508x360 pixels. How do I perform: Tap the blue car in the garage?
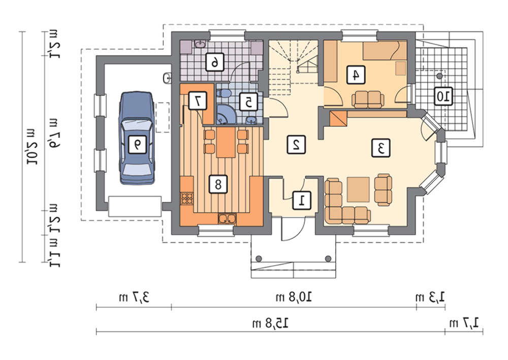(x=137, y=138)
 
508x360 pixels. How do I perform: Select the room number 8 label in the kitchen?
(x=218, y=184)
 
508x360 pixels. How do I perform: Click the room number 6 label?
(x=215, y=61)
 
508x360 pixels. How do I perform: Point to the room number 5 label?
(x=248, y=102)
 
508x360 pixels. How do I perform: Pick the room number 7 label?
(x=197, y=101)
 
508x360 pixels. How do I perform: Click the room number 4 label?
(x=356, y=75)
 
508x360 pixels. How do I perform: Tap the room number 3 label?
(x=380, y=148)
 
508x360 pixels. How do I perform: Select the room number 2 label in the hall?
(x=296, y=144)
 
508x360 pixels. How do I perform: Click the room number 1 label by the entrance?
(x=302, y=200)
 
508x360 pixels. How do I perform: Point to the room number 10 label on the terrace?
(x=443, y=96)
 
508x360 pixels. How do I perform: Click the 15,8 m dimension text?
(x=271, y=323)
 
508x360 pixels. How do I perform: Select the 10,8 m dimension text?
(x=294, y=297)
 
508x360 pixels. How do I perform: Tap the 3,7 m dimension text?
(x=134, y=297)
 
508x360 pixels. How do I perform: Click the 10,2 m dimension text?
(x=32, y=147)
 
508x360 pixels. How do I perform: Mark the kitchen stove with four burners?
(x=187, y=199)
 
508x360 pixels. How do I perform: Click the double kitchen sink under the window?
(x=227, y=219)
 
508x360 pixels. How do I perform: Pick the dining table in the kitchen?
(x=226, y=143)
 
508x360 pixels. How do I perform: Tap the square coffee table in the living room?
(x=358, y=189)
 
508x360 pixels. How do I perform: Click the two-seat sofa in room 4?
(x=368, y=100)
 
